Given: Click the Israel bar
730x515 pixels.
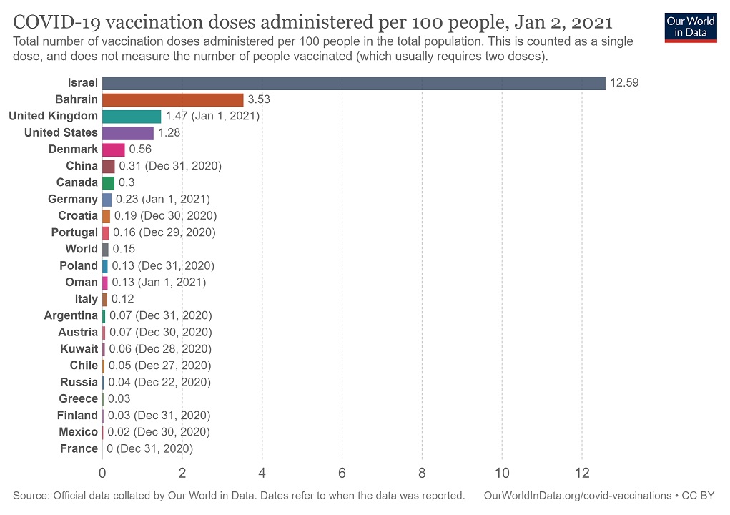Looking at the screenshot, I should pos(354,83).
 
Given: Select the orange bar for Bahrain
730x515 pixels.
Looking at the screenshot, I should pos(173,99).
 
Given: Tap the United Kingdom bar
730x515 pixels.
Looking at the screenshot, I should pos(132,116).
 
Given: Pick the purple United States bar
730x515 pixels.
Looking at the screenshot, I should pos(128,132).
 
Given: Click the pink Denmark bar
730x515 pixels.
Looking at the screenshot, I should pos(114,149).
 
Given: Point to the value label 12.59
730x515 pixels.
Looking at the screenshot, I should pos(624,83).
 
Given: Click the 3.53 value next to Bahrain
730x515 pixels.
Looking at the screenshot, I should pos(259,99).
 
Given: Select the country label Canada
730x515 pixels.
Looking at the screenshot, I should pos(77,182).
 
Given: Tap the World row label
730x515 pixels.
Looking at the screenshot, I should pos(82,249).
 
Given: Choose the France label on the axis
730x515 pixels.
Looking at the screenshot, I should pos(79,448).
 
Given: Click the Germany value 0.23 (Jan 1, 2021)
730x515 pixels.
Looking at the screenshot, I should pos(163,199).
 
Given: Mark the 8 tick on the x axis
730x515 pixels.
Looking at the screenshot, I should pos(422,473).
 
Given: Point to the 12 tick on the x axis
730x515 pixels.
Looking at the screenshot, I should pos(582,473).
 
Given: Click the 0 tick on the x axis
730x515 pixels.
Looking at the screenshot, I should pos(102,473).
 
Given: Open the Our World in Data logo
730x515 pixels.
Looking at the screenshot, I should pos(691,26).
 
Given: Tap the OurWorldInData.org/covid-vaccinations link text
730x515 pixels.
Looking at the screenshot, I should pos(577,495).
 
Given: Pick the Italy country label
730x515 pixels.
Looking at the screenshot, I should pos(87,299).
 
